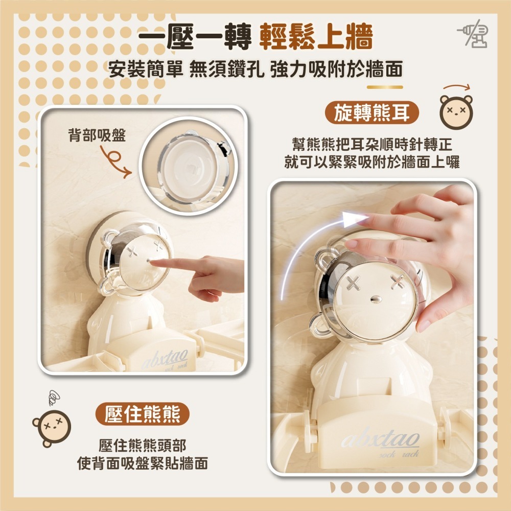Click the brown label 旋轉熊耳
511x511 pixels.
pos(372,113)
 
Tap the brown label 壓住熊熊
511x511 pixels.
pos(143,414)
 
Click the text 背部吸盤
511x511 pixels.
pos(97,135)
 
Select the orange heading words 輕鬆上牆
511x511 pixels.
pos(316,36)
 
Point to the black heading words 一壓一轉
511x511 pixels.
pos(195,36)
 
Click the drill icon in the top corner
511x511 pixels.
pos(473,34)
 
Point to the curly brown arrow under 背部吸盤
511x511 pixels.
pos(114,162)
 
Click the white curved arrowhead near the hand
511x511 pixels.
pos(355,219)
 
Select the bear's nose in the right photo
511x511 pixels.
pos(376,298)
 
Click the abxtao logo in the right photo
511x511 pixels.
pos(380,438)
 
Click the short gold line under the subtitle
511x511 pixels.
pos(385,87)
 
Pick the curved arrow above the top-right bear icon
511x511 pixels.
pos(457,87)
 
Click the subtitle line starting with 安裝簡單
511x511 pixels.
pos(255,69)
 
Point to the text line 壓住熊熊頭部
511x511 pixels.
pos(143,445)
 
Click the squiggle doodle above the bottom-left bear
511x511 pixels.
pos(54,398)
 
